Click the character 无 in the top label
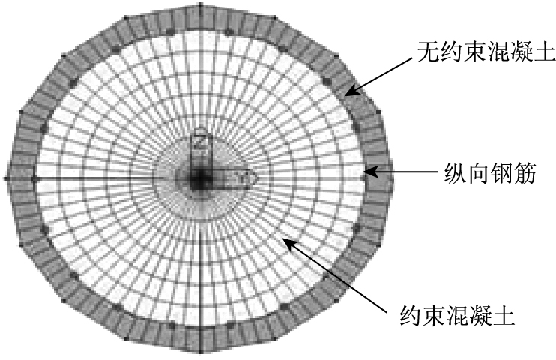coord(428,52)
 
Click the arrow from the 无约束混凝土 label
coord(381,74)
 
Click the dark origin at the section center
coord(199,178)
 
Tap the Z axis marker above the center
coord(199,139)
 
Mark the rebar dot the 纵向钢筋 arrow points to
coord(365,173)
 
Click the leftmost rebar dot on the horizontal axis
coord(34,178)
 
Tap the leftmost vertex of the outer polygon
coord(7,178)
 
